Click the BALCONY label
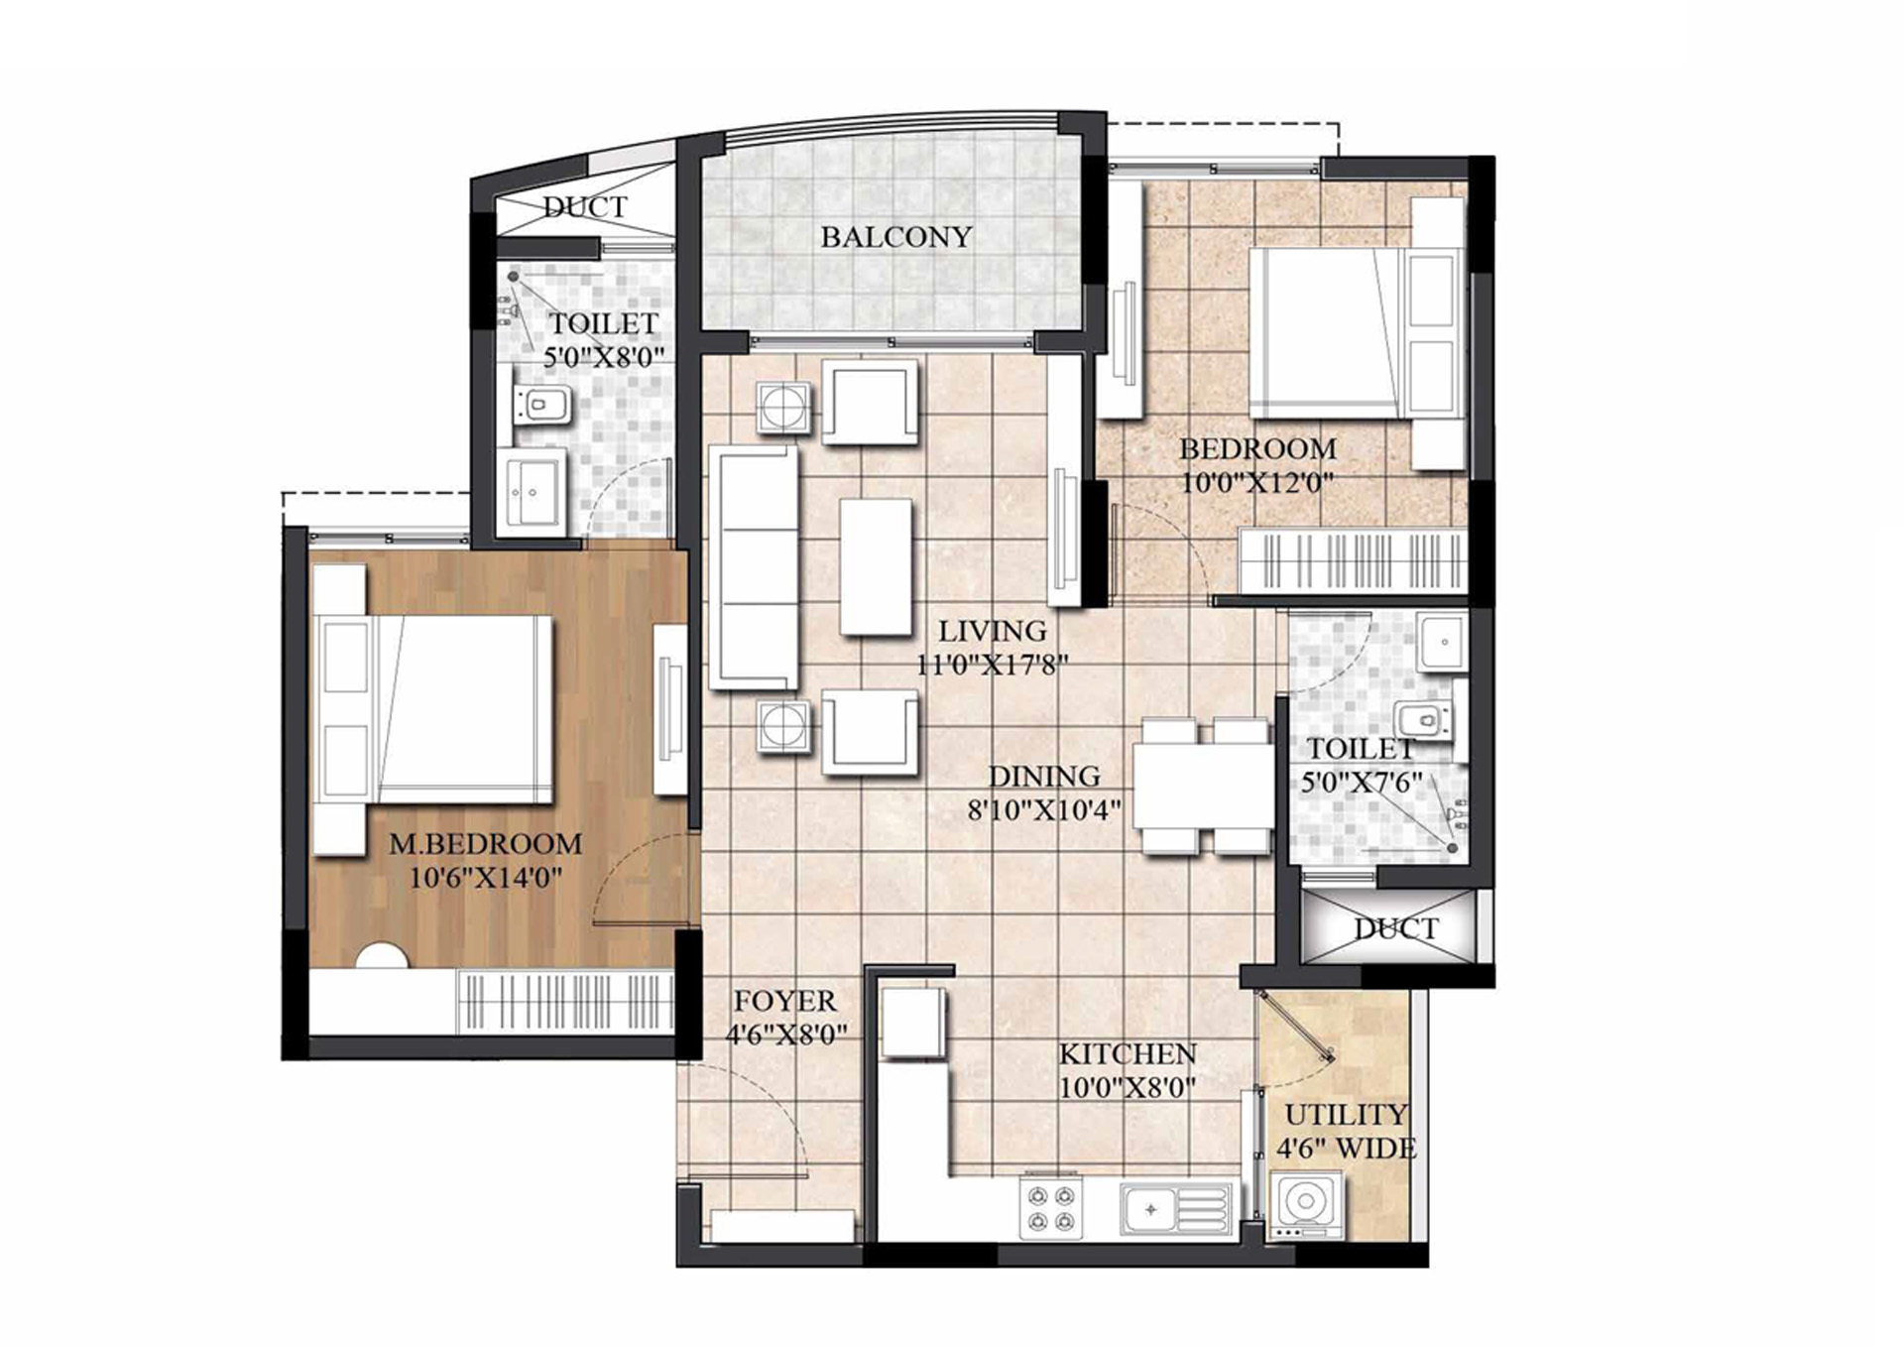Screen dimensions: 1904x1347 (x=896, y=237)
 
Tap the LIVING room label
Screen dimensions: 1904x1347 (x=993, y=631)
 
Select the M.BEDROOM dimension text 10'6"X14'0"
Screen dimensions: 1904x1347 (x=486, y=878)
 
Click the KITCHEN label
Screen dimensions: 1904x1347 (x=1128, y=1053)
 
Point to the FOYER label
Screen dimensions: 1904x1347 (x=785, y=1000)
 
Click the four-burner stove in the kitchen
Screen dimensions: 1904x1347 (x=1051, y=1209)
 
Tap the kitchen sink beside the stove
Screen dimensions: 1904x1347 (x=1176, y=1209)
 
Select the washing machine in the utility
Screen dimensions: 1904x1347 (x=1305, y=1205)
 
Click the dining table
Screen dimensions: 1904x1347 (x=1204, y=786)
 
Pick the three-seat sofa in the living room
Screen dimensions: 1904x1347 (x=754, y=567)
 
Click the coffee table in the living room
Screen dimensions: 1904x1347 (x=876, y=566)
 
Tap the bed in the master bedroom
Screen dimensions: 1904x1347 (x=432, y=709)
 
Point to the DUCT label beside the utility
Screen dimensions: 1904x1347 (x=1396, y=929)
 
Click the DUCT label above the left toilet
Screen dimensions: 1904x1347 (x=585, y=207)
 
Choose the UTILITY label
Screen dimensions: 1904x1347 (x=1346, y=1114)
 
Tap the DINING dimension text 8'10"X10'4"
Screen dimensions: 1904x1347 (x=1044, y=810)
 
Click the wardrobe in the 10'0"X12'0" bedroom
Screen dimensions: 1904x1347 (x=1354, y=561)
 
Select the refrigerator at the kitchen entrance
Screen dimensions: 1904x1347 (x=912, y=1022)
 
